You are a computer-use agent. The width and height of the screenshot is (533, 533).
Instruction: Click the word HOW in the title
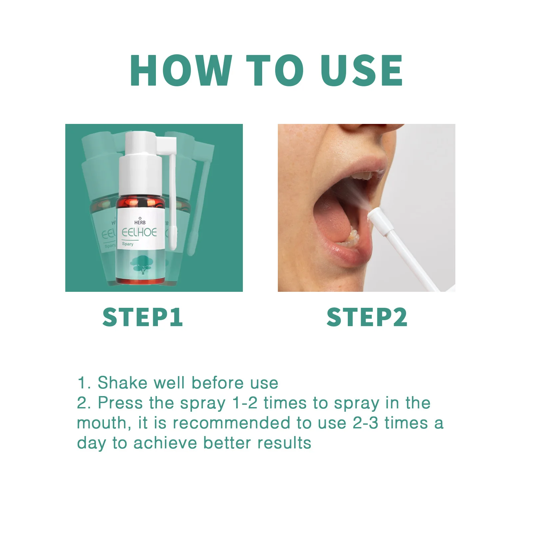coord(181,71)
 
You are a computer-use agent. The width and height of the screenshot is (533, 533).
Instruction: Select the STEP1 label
coord(143,317)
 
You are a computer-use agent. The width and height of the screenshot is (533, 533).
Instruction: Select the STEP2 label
coord(367,317)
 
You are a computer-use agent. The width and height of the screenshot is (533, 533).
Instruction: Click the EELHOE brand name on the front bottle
coord(139,232)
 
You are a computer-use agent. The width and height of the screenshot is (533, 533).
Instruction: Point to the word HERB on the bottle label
coord(140,222)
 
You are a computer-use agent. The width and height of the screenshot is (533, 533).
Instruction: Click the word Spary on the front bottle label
coord(128,244)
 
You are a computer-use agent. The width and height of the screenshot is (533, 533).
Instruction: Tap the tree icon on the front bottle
coord(140,265)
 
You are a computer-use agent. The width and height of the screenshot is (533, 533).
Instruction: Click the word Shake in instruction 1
coord(122,383)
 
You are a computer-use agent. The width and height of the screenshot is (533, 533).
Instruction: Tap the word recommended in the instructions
coord(232,423)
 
